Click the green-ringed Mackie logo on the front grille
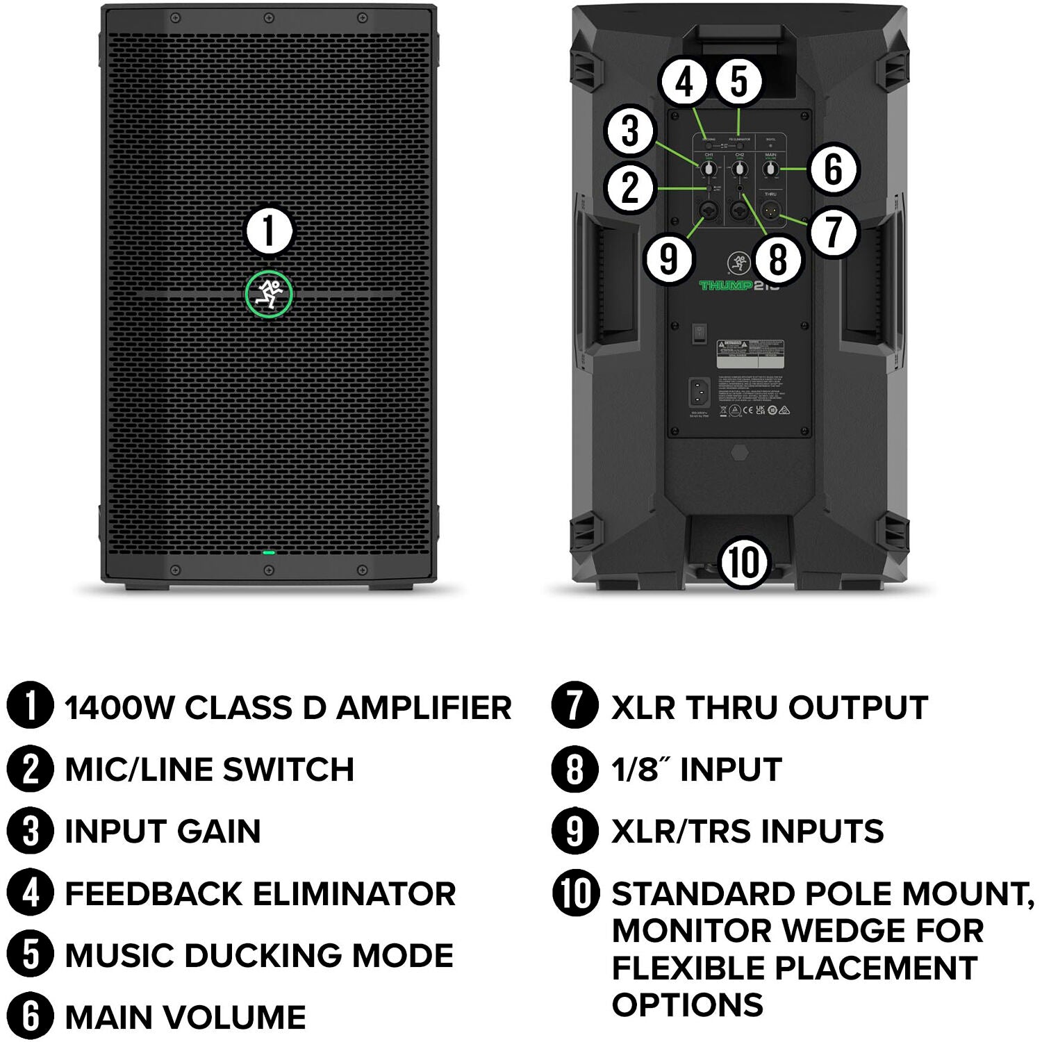269,294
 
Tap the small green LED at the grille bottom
269,553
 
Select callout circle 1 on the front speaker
269,231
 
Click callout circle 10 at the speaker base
744,562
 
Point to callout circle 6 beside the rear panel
833,169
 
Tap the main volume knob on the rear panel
770,169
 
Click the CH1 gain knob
709,169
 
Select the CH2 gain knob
740,169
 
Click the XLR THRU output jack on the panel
771,210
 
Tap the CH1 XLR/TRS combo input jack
709,210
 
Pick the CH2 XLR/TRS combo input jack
740,210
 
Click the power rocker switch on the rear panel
700,333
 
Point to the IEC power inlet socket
700,395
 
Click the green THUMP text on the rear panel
726,286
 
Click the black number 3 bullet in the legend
30,831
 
